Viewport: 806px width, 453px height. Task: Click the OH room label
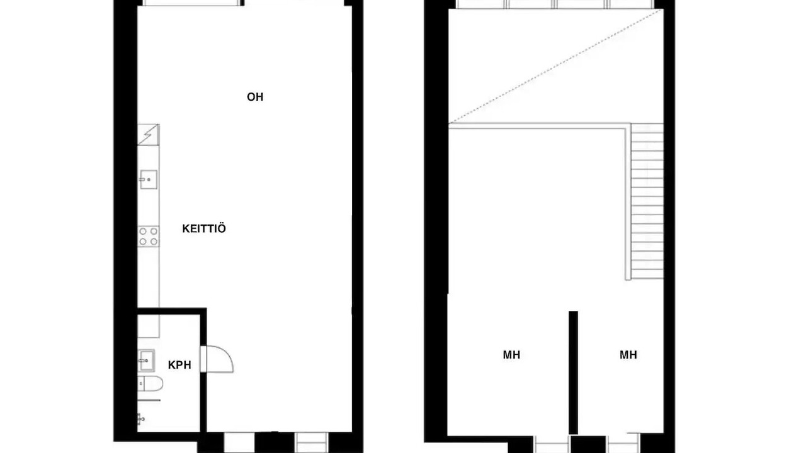click(255, 97)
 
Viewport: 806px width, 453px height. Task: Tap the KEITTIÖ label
click(204, 228)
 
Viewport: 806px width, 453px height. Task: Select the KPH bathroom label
click(179, 365)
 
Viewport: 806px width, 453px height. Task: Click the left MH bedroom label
click(511, 355)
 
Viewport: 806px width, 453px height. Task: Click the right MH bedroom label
click(628, 355)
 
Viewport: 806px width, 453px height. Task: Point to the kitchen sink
click(148, 179)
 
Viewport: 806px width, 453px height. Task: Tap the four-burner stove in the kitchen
click(148, 236)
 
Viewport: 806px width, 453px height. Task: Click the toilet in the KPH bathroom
click(150, 384)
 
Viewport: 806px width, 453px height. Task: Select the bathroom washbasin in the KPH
click(147, 361)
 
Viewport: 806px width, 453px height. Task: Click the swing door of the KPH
click(217, 359)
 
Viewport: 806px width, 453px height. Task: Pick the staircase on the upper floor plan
click(647, 201)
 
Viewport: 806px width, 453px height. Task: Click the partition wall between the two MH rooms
click(573, 372)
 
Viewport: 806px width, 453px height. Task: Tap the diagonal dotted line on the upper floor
click(556, 66)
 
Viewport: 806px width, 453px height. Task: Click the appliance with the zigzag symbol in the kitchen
click(148, 135)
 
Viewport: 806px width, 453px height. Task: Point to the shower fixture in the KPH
click(141, 418)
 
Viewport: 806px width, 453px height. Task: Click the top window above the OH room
click(192, 3)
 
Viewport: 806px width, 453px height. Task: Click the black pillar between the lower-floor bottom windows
click(275, 442)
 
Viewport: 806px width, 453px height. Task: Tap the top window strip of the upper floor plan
click(555, 4)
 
